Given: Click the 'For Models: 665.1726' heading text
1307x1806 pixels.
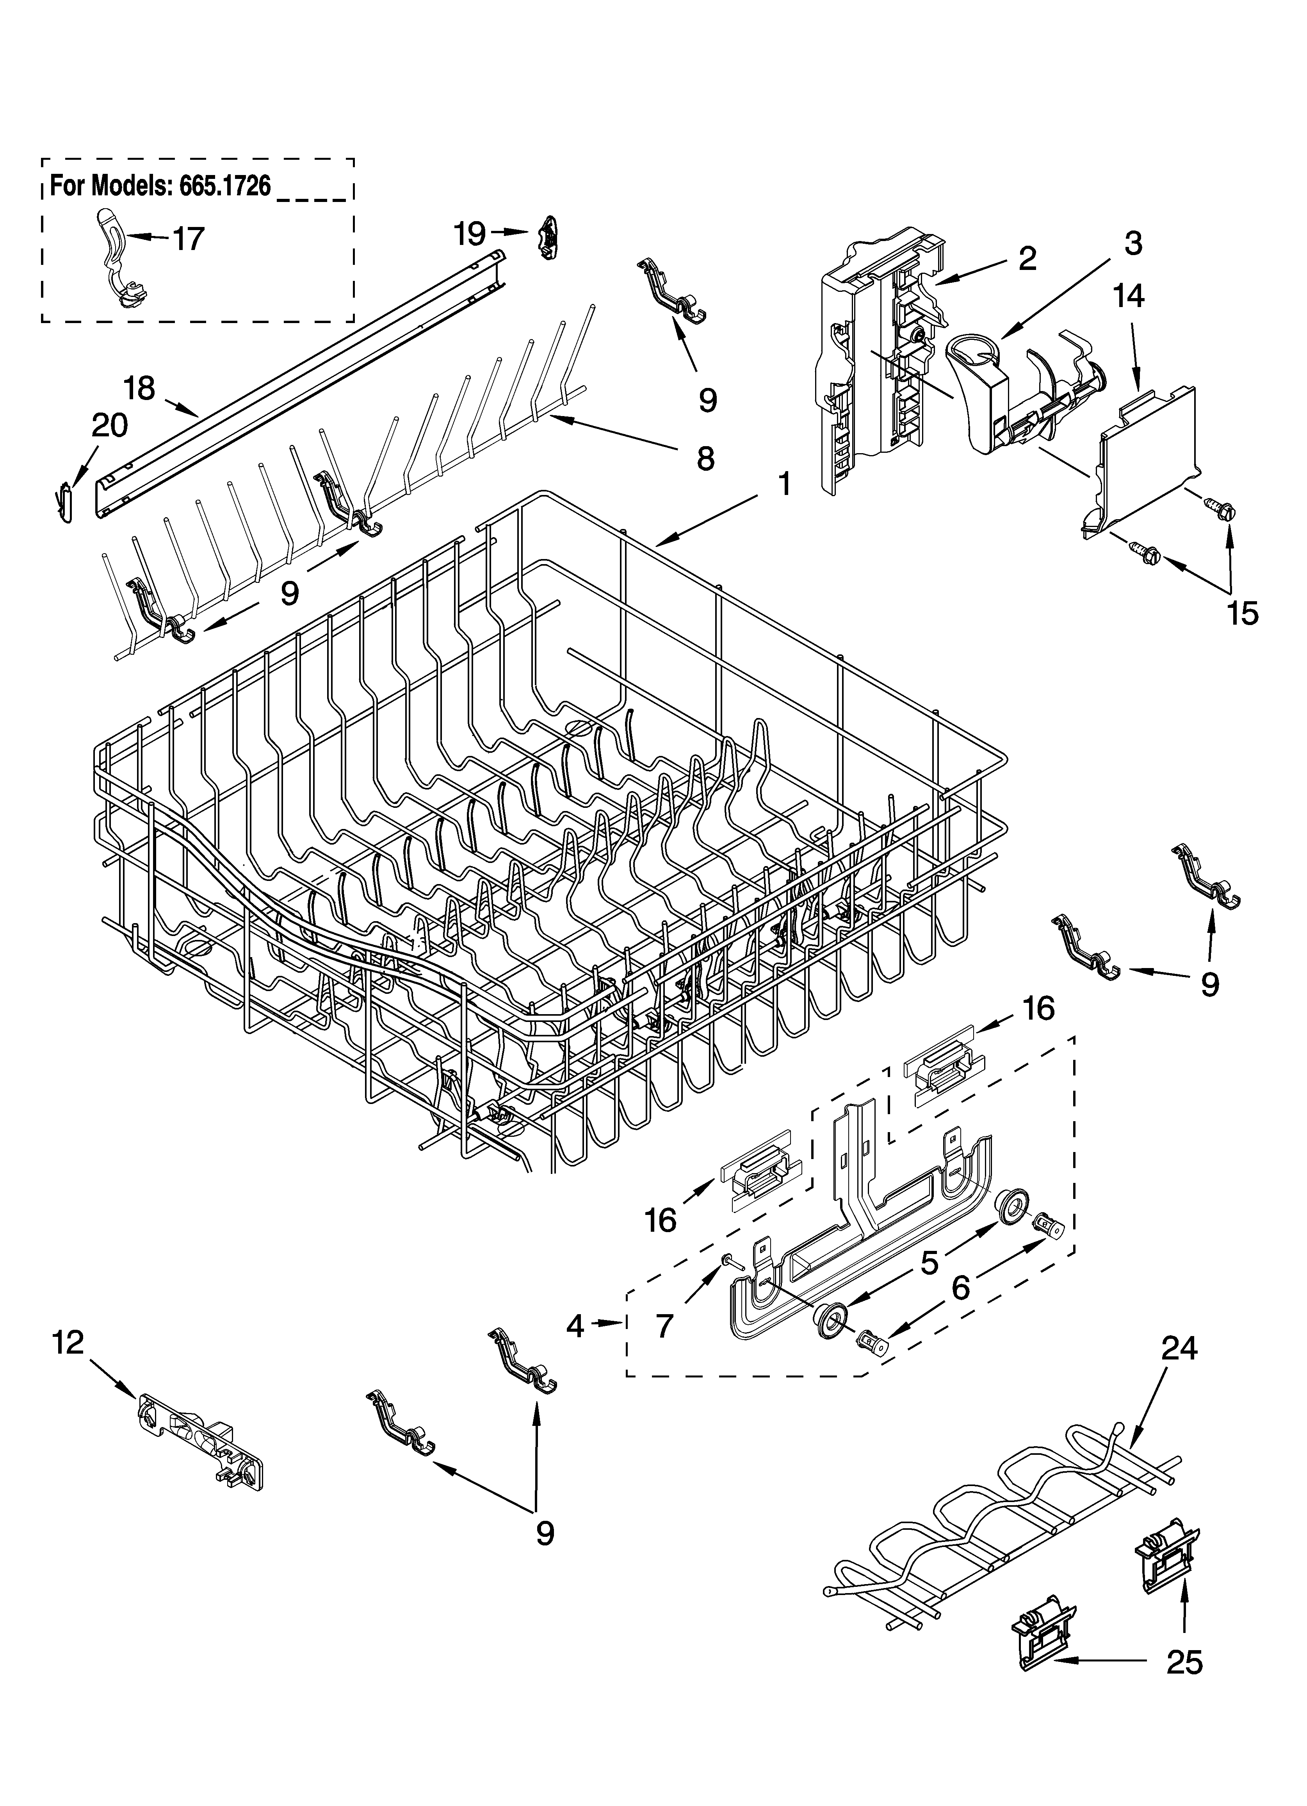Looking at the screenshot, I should click(160, 186).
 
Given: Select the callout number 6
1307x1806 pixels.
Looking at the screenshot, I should click(961, 1288).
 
